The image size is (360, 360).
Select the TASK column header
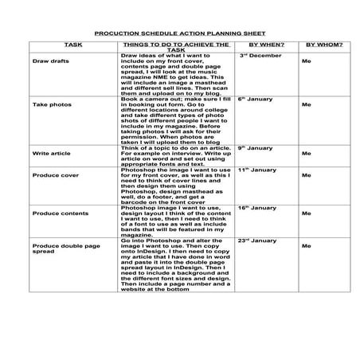tap(73, 46)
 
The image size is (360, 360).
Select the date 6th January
tap(256, 100)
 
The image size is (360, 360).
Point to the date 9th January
tap(256, 148)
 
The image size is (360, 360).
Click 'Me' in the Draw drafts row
tap(306, 61)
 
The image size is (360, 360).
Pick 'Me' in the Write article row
tap(306, 152)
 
